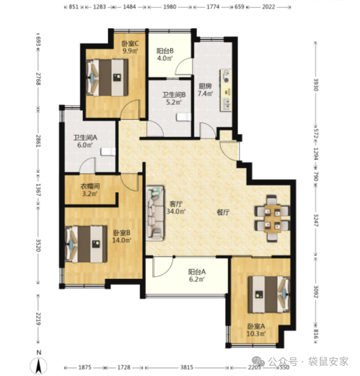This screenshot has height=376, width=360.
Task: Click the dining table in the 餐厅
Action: (273, 218)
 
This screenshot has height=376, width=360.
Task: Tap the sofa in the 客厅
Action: (156, 213)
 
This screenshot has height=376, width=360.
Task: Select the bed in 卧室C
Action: (107, 77)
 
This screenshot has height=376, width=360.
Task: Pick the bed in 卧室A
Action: (269, 294)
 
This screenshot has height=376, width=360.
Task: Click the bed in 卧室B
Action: (86, 244)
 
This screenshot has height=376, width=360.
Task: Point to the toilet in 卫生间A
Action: (108, 152)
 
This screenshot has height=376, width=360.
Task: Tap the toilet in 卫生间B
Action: (184, 117)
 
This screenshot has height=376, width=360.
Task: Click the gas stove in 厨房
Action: (226, 76)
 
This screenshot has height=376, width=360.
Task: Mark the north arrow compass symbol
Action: (39, 364)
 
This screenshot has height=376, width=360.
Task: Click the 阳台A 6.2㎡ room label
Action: (197, 275)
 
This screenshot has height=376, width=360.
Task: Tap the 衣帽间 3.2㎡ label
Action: (90, 190)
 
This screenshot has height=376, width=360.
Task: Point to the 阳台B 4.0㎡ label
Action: (165, 54)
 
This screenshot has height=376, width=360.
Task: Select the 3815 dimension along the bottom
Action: (187, 367)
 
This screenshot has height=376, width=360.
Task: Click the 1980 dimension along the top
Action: (169, 7)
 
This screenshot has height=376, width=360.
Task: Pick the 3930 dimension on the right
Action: (316, 84)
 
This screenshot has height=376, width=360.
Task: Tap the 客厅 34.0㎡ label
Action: (176, 208)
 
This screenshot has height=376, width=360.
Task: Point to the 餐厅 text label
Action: (223, 212)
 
